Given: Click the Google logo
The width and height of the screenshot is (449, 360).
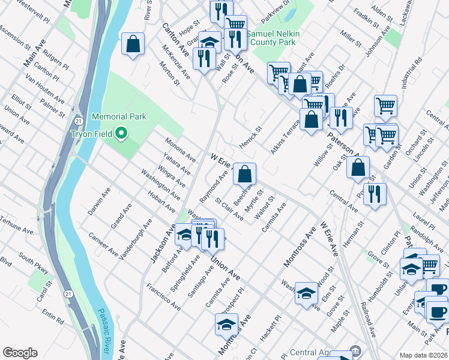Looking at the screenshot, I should pos(20,353).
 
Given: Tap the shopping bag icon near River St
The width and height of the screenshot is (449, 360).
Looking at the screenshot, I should pos(133,44).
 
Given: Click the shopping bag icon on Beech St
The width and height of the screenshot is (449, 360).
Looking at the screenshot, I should pos(244,175).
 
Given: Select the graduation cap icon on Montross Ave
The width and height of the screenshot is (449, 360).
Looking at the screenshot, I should pos(226,325).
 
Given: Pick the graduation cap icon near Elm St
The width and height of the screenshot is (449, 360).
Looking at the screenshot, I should pos(306,293).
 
